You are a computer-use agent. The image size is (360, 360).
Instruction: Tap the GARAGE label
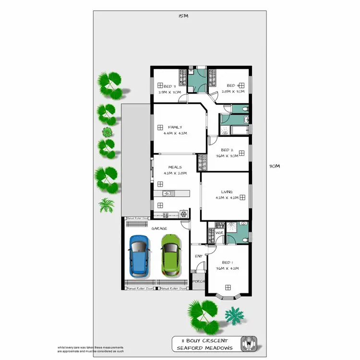point(159,229)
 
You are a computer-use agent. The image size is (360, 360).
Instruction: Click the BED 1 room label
point(227,263)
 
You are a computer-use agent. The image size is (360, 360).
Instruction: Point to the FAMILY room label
point(175,127)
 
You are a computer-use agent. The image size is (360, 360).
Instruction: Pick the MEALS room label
point(175,167)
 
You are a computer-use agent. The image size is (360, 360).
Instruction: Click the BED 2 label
point(227,150)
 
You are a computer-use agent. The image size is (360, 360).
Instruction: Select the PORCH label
point(199,282)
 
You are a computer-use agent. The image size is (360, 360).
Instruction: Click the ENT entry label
point(198,256)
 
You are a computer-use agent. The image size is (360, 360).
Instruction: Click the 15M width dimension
point(183,16)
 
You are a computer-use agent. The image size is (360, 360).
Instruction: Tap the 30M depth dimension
point(274,166)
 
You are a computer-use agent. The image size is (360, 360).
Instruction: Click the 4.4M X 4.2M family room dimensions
point(175,133)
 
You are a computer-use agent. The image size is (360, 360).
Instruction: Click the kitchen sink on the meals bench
point(166,193)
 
